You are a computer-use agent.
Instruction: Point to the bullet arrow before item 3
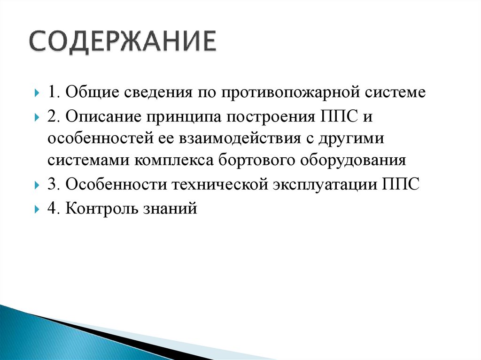(37, 185)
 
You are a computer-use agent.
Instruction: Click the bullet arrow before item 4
(37, 209)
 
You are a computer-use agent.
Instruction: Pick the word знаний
(169, 207)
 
